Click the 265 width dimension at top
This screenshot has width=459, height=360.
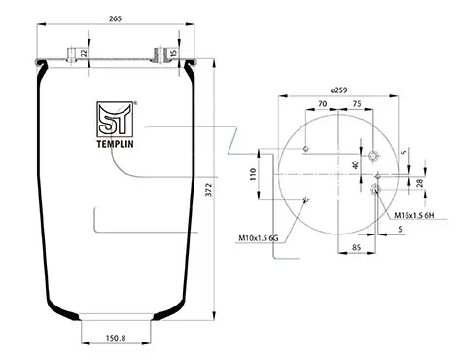[115, 18]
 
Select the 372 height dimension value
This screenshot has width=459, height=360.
[209, 189]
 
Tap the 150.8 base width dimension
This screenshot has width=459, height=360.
[116, 338]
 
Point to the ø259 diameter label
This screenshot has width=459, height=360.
[338, 90]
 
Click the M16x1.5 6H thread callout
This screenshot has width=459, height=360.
[414, 215]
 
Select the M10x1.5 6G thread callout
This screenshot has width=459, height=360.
[259, 238]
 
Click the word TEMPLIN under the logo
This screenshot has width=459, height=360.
[115, 144]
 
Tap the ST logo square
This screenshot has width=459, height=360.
[115, 119]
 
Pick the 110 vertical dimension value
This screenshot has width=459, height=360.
[253, 174]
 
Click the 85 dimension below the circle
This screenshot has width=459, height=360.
[356, 248]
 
